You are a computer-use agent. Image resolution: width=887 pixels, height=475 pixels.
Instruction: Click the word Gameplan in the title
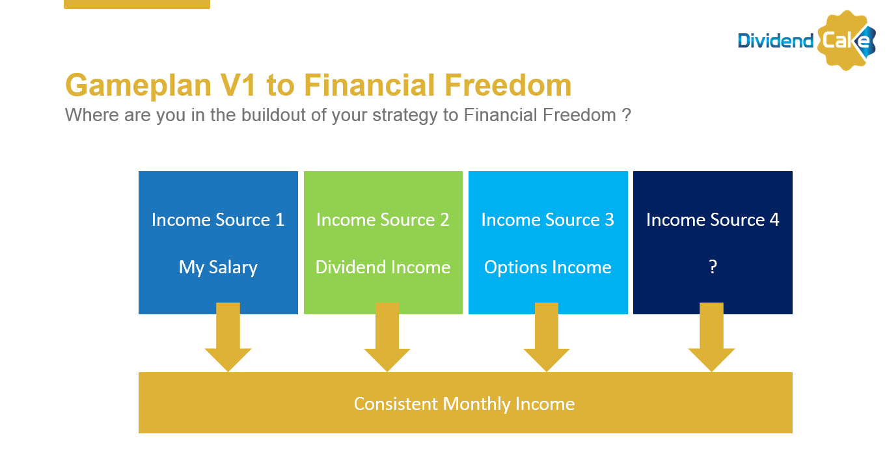pos(138,86)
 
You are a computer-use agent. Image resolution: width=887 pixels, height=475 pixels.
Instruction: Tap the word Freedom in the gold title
pos(508,85)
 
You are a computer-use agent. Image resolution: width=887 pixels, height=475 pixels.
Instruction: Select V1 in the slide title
pos(238,85)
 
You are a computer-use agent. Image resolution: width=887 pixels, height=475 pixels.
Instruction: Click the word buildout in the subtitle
pos(273,115)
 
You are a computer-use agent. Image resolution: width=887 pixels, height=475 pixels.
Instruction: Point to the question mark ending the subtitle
pos(626,115)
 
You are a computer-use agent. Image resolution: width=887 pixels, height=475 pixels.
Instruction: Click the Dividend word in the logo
pos(775,41)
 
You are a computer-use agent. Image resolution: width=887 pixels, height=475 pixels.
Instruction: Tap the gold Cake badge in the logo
pos(846,40)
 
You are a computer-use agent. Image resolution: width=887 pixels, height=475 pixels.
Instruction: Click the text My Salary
pos(218,268)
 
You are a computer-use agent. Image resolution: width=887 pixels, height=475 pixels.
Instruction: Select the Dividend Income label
pos(383,267)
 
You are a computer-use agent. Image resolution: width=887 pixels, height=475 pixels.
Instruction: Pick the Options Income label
pos(548,268)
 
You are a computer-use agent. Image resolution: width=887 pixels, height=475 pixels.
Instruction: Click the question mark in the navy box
pos(713,267)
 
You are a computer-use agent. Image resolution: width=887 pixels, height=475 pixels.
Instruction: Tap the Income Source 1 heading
pos(218,220)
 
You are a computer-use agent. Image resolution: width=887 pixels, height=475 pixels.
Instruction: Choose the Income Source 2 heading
pos(383,220)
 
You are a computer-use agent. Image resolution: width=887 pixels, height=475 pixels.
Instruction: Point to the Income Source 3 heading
pos(548,220)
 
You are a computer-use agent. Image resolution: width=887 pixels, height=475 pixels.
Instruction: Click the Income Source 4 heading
pos(713,220)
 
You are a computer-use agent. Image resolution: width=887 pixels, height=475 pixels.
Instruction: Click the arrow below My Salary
pos(228,337)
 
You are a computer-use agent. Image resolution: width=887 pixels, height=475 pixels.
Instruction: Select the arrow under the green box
pos(387,337)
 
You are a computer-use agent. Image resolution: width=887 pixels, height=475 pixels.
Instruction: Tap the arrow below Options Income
pos(547,337)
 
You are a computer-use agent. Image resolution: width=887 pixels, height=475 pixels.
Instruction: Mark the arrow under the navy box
pos(711,337)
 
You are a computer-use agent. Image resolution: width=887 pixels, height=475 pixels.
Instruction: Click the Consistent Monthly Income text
pos(464,404)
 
